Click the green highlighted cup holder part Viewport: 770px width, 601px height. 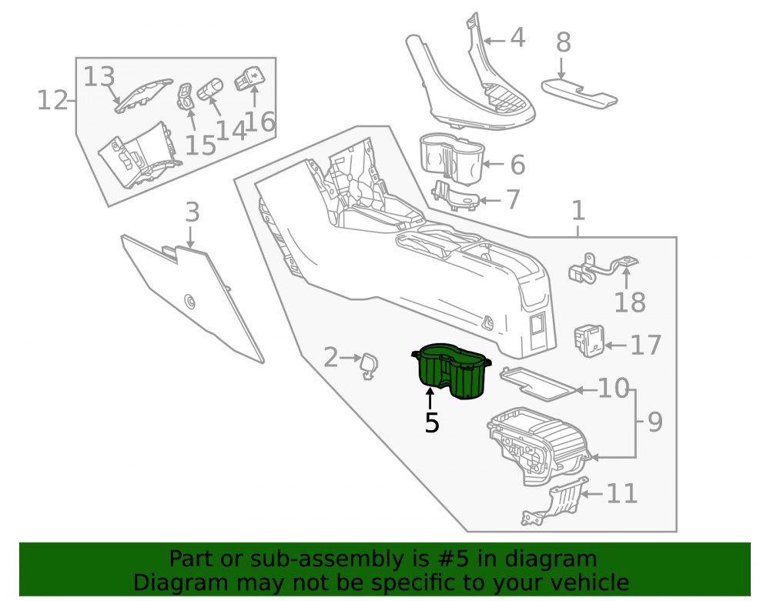[x=450, y=371]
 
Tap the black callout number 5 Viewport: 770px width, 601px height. [x=432, y=423]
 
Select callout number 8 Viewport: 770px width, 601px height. [x=564, y=42]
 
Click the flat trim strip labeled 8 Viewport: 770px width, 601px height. [x=580, y=93]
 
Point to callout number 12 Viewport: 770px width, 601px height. [x=52, y=101]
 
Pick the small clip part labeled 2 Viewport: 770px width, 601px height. [x=369, y=366]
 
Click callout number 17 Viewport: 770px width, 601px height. [x=646, y=346]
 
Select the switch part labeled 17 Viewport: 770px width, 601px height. [x=589, y=341]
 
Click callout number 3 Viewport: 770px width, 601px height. [x=192, y=212]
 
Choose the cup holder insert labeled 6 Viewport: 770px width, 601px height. [x=452, y=159]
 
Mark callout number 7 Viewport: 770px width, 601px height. [x=513, y=199]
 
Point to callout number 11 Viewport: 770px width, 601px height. [x=622, y=493]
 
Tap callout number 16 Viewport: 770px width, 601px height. [x=259, y=122]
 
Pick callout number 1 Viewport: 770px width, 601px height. [x=578, y=211]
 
